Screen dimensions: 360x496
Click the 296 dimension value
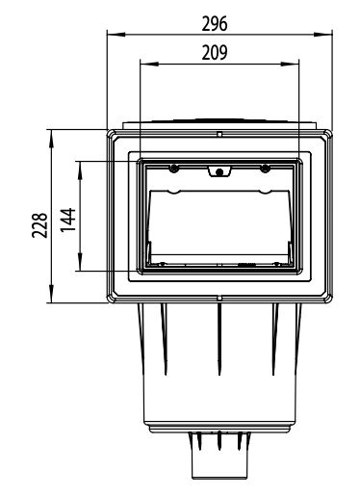215,24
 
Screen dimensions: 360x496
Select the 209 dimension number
215,53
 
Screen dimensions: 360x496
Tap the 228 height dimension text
39,225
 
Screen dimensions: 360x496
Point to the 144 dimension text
68,220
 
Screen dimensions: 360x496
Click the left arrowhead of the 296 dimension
116,34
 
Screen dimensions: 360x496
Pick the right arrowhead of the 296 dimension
323,34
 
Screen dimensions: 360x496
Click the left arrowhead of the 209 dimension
149,64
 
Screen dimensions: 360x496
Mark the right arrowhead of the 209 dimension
290,64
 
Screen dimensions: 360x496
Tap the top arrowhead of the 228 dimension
51,139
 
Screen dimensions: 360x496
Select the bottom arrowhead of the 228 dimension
51,294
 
